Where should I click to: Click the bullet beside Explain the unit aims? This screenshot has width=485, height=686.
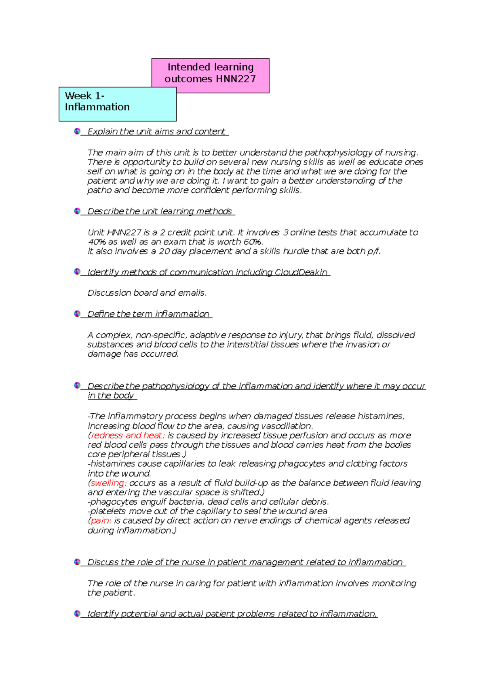[x=77, y=131]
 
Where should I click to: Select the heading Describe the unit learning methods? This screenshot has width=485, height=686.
[x=160, y=211]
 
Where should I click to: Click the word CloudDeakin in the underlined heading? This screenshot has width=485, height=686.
[x=301, y=272]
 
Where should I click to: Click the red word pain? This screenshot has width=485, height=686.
[x=101, y=521]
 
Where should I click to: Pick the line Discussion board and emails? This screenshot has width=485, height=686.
[x=147, y=293]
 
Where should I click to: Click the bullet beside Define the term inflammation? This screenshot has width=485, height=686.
[x=77, y=314]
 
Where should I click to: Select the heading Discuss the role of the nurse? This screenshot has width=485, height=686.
[x=245, y=562]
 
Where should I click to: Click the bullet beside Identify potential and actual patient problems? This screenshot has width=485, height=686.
[x=77, y=614]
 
